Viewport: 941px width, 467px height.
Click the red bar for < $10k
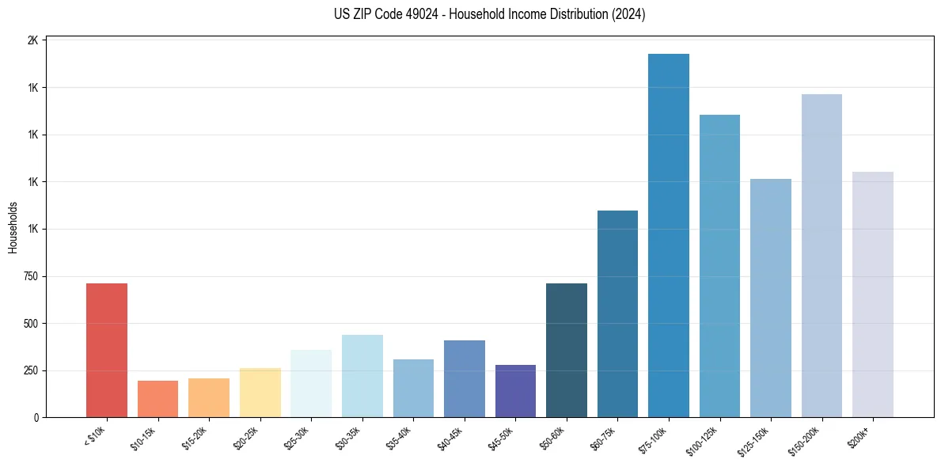107,350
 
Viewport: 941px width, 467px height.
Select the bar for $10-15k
157,399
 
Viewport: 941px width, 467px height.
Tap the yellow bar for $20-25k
260,393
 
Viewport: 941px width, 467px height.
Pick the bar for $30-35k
362,376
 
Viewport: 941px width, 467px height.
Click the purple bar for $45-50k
515,391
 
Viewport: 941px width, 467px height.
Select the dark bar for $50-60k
567,350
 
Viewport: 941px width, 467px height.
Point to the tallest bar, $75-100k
669,235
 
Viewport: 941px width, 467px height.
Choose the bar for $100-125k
719,266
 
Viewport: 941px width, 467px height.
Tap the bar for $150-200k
821,256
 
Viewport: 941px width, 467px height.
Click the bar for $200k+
873,294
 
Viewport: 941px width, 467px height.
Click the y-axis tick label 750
31,276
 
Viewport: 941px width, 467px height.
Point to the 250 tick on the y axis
31,370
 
